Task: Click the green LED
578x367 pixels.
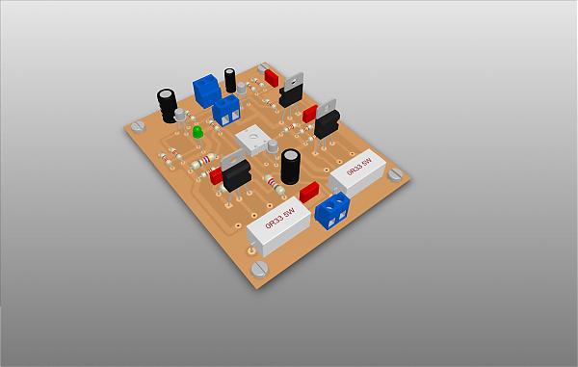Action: [x=197, y=132]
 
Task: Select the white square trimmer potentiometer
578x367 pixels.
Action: [x=253, y=140]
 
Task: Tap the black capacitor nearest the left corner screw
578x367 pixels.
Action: [x=167, y=105]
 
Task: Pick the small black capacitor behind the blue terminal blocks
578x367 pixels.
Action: [x=230, y=80]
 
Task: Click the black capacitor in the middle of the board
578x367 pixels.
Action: [x=291, y=167]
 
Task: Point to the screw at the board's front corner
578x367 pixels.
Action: [x=259, y=268]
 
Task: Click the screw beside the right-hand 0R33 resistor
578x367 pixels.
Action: [x=395, y=173]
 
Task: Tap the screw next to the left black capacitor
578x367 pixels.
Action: [x=138, y=127]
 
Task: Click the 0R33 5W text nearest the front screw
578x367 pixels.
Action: [x=280, y=218]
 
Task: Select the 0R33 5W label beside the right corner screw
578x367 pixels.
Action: [x=359, y=167]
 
